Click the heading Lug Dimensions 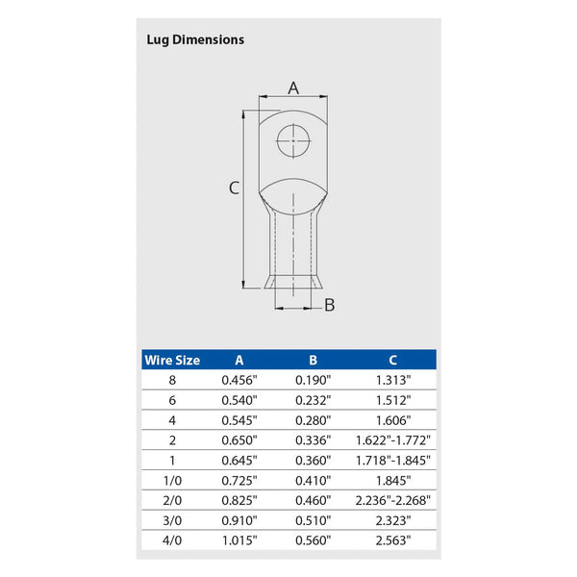click(195, 39)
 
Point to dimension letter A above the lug click(294, 88)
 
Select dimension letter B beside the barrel click(329, 305)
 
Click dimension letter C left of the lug click(233, 188)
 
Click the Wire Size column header click(172, 360)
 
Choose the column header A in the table click(238, 360)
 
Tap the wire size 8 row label click(172, 380)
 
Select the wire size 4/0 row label click(172, 540)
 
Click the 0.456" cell click(238, 380)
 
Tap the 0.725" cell click(238, 480)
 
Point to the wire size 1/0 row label click(172, 480)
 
